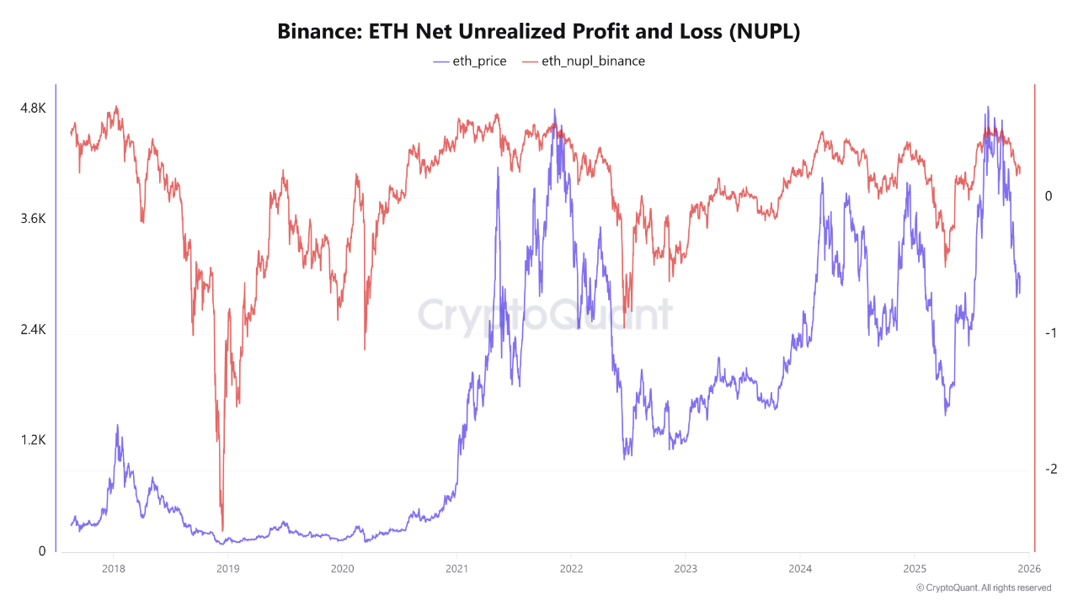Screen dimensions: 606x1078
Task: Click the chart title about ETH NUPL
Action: (x=539, y=32)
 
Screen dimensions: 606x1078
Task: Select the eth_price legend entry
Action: (x=470, y=61)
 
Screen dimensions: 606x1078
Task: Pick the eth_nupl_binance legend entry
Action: (x=584, y=61)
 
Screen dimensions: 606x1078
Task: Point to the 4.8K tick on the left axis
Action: (x=33, y=109)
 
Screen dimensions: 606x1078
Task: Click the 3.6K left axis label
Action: (x=33, y=219)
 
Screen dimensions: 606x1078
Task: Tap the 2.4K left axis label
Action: (x=33, y=330)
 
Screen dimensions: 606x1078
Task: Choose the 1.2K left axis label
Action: (x=33, y=440)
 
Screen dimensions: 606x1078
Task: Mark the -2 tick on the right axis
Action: (x=1050, y=470)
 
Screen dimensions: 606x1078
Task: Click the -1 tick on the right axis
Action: (x=1050, y=333)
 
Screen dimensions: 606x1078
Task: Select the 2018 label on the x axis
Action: (x=113, y=568)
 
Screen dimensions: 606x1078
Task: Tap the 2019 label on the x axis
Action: (x=227, y=568)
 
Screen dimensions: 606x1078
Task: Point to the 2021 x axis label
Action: (x=456, y=568)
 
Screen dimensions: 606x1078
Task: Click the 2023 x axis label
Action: (x=686, y=568)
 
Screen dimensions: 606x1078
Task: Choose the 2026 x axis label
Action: (x=1029, y=568)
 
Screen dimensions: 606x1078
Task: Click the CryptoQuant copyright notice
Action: (x=983, y=587)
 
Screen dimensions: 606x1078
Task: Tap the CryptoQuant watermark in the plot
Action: (x=546, y=316)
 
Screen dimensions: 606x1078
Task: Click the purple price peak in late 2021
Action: (x=554, y=109)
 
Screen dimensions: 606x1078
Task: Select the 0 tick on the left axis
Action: (x=42, y=551)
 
